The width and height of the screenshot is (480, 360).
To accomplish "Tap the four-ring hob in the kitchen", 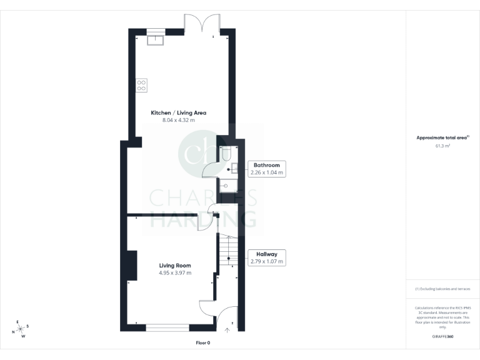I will tap(141, 85).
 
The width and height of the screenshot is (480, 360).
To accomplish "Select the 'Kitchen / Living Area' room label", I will tap(178, 113).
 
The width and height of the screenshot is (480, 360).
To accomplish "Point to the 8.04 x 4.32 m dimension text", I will tap(178, 120).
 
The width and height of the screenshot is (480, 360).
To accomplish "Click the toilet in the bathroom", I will tap(226, 153).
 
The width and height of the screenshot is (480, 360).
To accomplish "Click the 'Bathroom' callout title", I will tap(266, 165).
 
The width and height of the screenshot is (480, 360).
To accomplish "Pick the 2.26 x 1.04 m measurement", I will tap(266, 172).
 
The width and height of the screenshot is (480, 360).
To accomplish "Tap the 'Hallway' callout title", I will tap(266, 254).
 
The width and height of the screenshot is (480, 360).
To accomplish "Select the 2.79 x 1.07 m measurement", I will tap(266, 262).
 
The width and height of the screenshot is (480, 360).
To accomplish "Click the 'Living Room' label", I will tap(174, 266).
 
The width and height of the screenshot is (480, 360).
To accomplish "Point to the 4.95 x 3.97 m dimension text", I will tap(174, 273).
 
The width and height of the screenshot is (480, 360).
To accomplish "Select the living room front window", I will tap(167, 326).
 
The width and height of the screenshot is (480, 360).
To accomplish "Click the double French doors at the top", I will tap(201, 24).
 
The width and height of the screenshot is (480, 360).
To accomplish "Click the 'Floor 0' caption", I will tap(202, 343).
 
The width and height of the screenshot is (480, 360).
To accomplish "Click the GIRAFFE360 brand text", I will tap(442, 337).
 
